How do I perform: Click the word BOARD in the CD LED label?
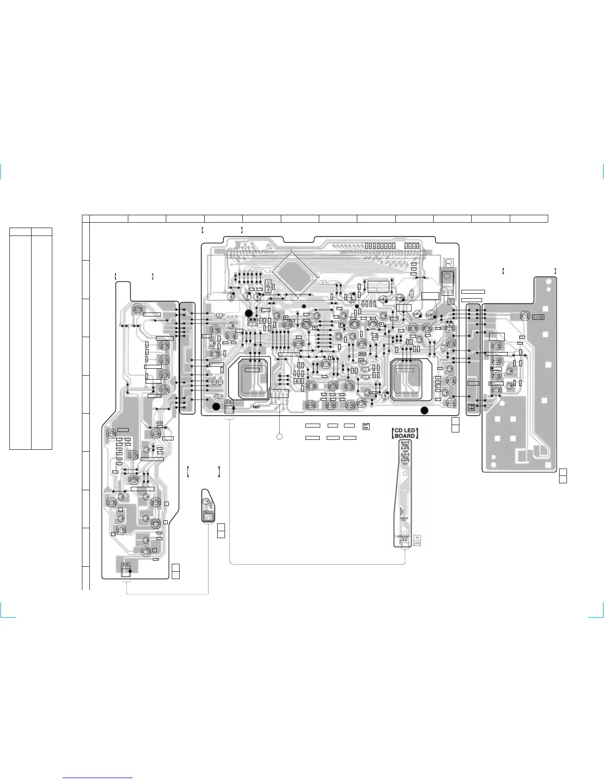(405, 436)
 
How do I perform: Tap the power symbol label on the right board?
(538, 317)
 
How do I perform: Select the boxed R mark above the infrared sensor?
(449, 263)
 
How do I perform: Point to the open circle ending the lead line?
(279, 437)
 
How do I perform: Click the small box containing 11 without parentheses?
(417, 537)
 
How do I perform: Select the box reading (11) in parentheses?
(417, 544)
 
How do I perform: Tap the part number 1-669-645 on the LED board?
(402, 537)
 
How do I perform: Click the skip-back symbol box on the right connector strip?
(471, 407)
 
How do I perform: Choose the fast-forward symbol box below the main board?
(366, 426)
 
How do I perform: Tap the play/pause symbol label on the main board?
(363, 353)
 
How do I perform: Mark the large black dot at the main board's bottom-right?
(424, 410)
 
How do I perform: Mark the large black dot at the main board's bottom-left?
(216, 406)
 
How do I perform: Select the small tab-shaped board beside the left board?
(209, 506)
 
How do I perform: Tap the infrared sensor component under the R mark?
(448, 277)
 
